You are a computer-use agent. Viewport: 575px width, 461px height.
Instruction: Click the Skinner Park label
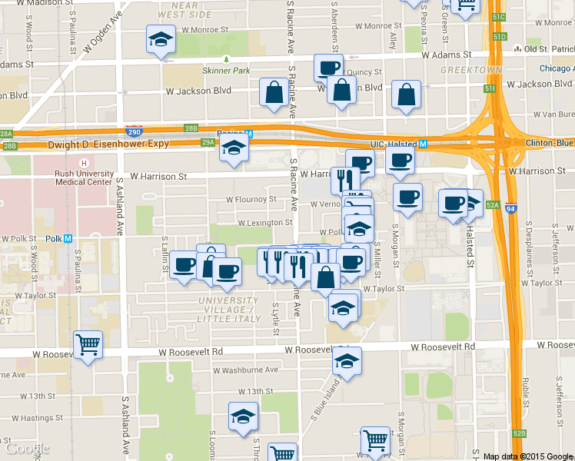tap(226, 71)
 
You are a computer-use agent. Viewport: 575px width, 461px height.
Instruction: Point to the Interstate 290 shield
tap(135, 132)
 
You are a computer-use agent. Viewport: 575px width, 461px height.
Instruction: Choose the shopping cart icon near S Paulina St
tap(88, 345)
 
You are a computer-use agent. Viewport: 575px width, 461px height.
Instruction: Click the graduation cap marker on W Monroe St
tap(161, 38)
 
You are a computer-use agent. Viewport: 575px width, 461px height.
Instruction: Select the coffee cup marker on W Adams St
tap(328, 67)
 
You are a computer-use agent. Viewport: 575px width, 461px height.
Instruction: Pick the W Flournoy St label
tap(251, 200)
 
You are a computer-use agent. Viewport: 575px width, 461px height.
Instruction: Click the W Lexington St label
tap(265, 223)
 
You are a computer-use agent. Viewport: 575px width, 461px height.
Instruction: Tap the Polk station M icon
tap(68, 239)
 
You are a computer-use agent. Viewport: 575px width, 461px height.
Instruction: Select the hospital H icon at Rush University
tap(84, 162)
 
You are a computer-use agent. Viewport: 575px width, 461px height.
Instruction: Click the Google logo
tap(27, 448)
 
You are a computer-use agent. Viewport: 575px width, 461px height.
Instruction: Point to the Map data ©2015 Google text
tap(527, 456)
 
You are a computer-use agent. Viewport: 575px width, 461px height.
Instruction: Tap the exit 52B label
tap(520, 434)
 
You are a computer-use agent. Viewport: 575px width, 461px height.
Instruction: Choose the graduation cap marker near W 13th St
tap(244, 417)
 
